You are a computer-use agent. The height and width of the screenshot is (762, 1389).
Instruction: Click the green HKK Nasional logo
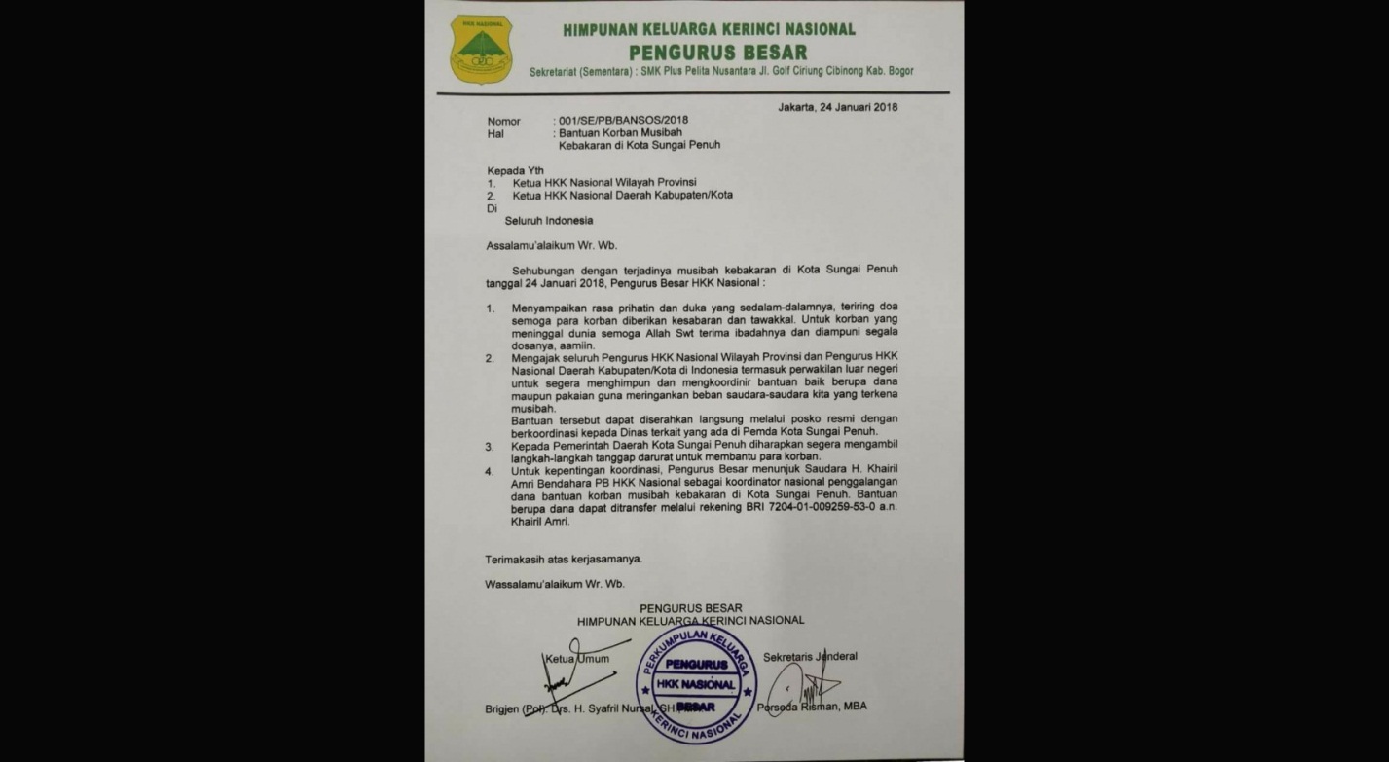pyautogui.click(x=481, y=49)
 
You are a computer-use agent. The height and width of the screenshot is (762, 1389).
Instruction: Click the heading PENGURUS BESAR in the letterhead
pyautogui.click(x=717, y=52)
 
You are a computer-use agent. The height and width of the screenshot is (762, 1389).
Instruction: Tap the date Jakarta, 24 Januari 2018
pyautogui.click(x=838, y=106)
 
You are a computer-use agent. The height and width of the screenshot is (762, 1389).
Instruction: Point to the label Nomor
pyautogui.click(x=504, y=121)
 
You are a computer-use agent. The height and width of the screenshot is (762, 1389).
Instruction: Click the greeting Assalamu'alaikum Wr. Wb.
pyautogui.click(x=551, y=245)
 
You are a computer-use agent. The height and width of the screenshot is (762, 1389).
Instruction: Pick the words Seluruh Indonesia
pyautogui.click(x=548, y=221)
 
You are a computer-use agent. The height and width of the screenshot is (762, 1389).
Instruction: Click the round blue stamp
pyautogui.click(x=696, y=684)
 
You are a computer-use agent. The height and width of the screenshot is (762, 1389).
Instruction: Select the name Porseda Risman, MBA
pyautogui.click(x=812, y=707)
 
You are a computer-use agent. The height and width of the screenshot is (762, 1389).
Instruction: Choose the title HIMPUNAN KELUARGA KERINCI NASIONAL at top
pyautogui.click(x=709, y=29)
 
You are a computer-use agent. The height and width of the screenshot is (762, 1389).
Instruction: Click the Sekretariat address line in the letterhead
pyautogui.click(x=721, y=71)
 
